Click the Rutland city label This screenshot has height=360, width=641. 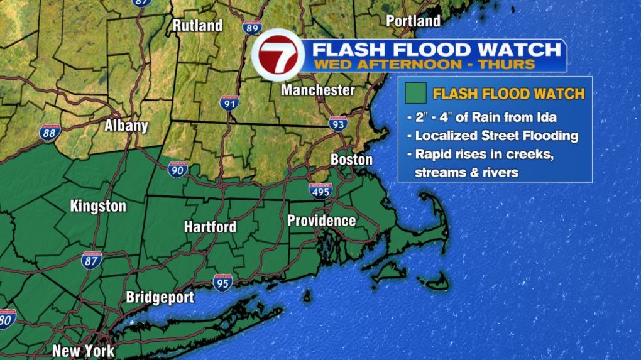tap(197, 26)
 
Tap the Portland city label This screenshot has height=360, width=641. tap(413, 21)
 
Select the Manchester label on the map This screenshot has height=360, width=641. tap(317, 90)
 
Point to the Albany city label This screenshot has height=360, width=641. tap(126, 126)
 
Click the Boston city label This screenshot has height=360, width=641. tap(351, 160)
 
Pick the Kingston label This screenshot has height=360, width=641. tap(98, 206)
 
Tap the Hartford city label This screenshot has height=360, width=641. tap(210, 227)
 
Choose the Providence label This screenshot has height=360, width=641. tap(321, 221)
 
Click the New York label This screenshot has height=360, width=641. tap(84, 351)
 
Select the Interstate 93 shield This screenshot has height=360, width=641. tap(337, 124)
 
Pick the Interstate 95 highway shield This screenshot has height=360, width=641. tap(222, 281)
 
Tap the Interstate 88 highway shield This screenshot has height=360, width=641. tap(48, 133)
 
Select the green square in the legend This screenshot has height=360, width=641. tap(415, 94)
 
